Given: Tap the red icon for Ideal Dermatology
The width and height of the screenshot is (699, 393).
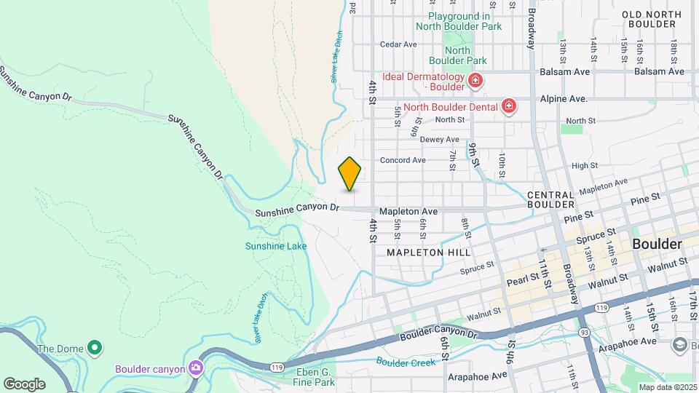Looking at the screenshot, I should click(x=475, y=79).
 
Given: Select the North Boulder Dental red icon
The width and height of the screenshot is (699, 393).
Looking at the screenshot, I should click(x=509, y=107).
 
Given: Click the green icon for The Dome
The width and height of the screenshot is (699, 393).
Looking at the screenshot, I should click(x=94, y=348).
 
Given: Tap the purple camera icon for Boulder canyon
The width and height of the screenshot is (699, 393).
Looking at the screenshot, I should click(x=194, y=368).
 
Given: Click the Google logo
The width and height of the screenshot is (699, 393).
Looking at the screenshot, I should click(x=24, y=384).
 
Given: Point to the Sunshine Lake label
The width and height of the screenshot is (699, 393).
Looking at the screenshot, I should click(x=276, y=246).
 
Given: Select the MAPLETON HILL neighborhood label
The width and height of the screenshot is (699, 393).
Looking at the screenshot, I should click(x=428, y=252).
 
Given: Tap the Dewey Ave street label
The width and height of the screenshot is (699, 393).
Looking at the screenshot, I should click(x=440, y=139).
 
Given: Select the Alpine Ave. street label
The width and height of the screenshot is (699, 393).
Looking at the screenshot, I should click(x=564, y=99).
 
